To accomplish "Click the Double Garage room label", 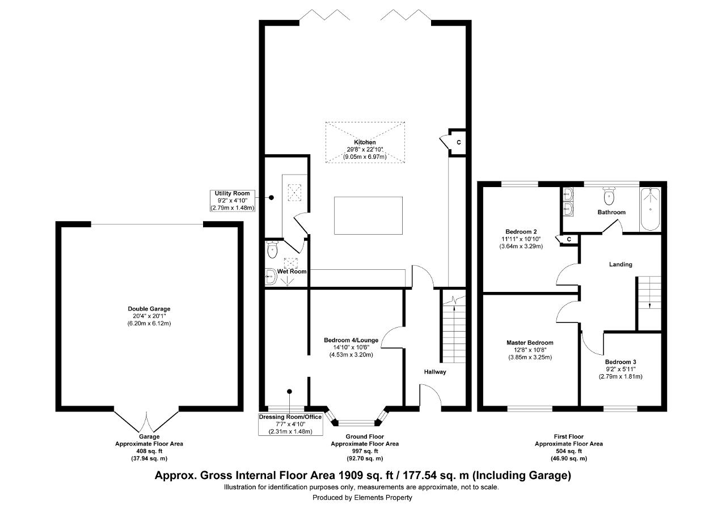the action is [x=149, y=309].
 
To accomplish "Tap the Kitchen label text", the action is [x=365, y=142].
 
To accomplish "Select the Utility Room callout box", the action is [x=233, y=201].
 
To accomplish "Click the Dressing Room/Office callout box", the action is [x=290, y=424].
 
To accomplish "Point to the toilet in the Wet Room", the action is [x=272, y=249].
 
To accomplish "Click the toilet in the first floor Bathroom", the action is [x=609, y=196].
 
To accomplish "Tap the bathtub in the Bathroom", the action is [x=650, y=209].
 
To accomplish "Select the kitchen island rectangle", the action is [x=369, y=215].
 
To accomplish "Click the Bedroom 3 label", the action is [x=621, y=362].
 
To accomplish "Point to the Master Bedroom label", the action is [x=530, y=342].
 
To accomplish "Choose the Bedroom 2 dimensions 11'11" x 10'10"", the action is [x=521, y=239].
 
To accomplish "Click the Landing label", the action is [x=621, y=264].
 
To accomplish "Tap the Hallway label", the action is [x=435, y=372].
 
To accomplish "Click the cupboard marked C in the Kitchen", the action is [x=457, y=142].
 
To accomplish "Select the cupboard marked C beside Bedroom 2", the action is [x=568, y=239].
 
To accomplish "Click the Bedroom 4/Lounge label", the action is [x=351, y=340].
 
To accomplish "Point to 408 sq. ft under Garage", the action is [x=149, y=451].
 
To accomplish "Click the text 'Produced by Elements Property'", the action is [x=362, y=498].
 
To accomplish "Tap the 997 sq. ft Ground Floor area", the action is [x=365, y=451].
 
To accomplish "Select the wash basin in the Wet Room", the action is [x=271, y=277].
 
